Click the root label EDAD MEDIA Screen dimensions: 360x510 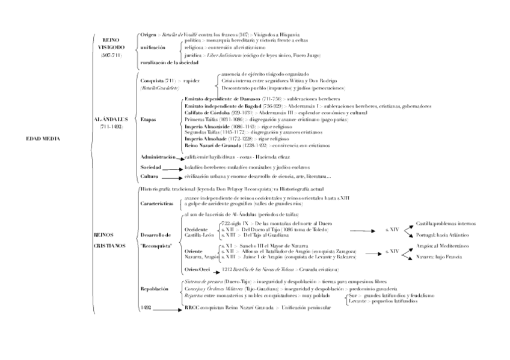click(x=43, y=139)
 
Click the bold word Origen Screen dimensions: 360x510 click(x=148, y=35)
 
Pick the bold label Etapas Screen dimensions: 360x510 click(x=148, y=120)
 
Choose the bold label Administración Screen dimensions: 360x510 click(x=158, y=157)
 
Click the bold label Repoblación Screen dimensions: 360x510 click(x=155, y=288)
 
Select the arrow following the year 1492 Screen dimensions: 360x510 click(x=171, y=308)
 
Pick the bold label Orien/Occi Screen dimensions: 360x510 click(x=197, y=270)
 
